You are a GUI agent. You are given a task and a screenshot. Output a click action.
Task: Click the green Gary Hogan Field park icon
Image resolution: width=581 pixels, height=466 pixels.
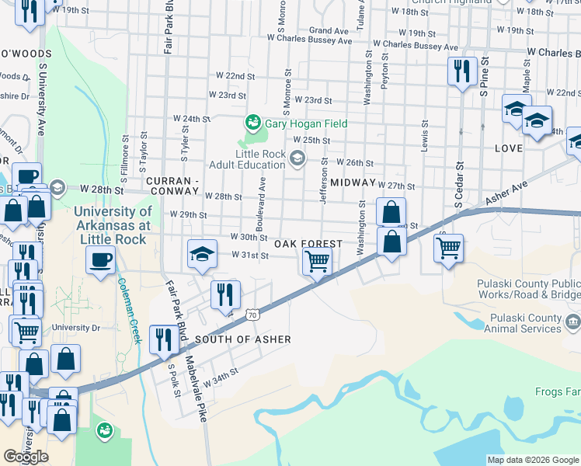[252, 123]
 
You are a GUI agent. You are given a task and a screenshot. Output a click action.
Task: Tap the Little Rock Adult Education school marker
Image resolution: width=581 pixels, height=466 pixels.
[296, 159]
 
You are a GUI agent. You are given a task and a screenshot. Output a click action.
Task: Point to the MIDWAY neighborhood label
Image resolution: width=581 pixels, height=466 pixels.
[353, 182]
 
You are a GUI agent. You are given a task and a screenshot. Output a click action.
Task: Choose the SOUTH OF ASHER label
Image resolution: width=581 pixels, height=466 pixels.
[243, 339]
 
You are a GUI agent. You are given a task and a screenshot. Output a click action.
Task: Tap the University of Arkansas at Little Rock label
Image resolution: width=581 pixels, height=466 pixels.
[113, 225]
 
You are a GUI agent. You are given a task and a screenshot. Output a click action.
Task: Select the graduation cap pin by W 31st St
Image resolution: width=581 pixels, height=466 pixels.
[201, 254]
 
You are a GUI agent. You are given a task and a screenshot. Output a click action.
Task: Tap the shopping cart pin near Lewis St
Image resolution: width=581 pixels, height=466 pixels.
[447, 249]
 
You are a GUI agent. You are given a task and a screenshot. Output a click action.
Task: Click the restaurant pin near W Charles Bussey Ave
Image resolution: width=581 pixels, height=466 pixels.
[462, 71]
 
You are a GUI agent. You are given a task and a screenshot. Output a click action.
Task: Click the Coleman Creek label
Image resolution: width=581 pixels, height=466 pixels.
[128, 311]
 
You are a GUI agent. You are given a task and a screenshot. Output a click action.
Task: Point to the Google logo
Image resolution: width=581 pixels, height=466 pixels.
[26, 457]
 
